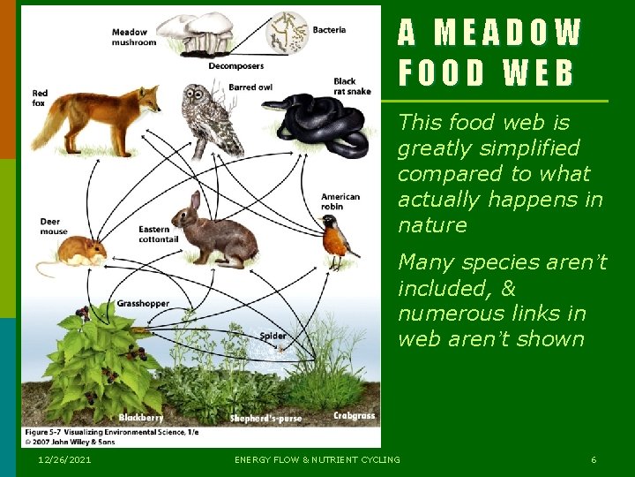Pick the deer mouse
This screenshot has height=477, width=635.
(x=78, y=253)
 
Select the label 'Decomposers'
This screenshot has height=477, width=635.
(x=235, y=64)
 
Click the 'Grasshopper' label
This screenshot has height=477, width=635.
(x=143, y=303)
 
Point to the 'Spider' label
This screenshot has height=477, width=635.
(x=273, y=336)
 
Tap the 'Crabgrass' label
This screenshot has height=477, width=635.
(x=354, y=415)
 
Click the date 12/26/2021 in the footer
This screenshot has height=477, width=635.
(x=64, y=459)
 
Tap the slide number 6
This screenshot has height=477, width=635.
(x=594, y=459)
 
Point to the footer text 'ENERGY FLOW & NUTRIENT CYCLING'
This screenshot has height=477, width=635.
(x=317, y=459)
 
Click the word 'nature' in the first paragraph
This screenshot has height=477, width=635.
(x=432, y=224)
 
